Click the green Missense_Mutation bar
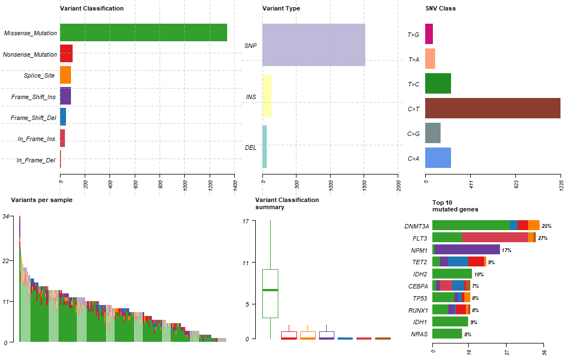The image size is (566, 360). (143, 33)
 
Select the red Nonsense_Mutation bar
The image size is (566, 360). (66, 54)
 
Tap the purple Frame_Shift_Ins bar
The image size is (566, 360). (65, 96)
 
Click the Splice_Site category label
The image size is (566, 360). (39, 75)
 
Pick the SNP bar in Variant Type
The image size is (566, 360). (314, 45)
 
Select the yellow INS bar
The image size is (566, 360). (267, 96)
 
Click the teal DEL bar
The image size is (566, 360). (265, 147)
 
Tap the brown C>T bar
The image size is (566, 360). (492, 108)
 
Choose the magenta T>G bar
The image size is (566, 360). (429, 34)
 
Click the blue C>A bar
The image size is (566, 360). (438, 158)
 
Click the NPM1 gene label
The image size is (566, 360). (419, 250)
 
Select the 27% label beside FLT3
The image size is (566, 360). (543, 238)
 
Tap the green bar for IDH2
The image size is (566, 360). (452, 274)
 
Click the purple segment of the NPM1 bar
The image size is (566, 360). (467, 250)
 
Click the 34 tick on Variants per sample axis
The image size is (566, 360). (5, 217)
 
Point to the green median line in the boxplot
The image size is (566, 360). (270, 290)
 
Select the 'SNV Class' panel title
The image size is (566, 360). (440, 8)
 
